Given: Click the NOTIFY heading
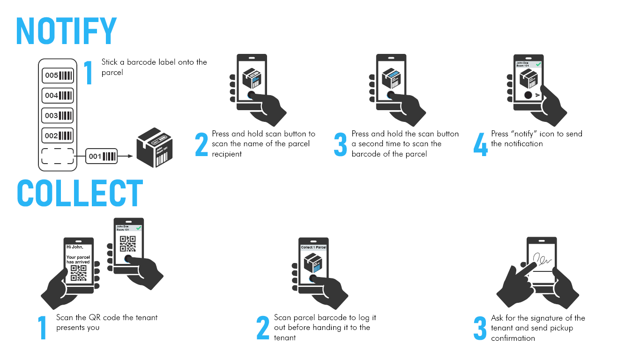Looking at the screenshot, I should click(x=66, y=31).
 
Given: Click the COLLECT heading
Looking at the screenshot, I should click(x=80, y=193).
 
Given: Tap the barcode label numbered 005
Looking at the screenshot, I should click(x=58, y=75).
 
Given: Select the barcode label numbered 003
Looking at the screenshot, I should click(x=58, y=115).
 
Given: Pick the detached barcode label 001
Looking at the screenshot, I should click(x=102, y=156).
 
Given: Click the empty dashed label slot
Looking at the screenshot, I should click(x=58, y=156).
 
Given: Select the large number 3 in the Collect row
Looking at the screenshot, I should click(x=480, y=329).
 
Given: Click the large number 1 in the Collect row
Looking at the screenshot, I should click(x=43, y=328).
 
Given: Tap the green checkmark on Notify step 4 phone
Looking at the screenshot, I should click(x=538, y=64).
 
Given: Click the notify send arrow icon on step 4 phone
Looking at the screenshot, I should click(x=538, y=95).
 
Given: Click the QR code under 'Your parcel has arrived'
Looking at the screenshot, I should click(x=78, y=273).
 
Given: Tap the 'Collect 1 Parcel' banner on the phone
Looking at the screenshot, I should click(x=313, y=247).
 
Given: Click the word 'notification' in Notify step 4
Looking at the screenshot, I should click(x=517, y=144).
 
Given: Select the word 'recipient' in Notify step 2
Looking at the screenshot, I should click(x=227, y=154).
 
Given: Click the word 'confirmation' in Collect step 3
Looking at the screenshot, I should click(x=513, y=338).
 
